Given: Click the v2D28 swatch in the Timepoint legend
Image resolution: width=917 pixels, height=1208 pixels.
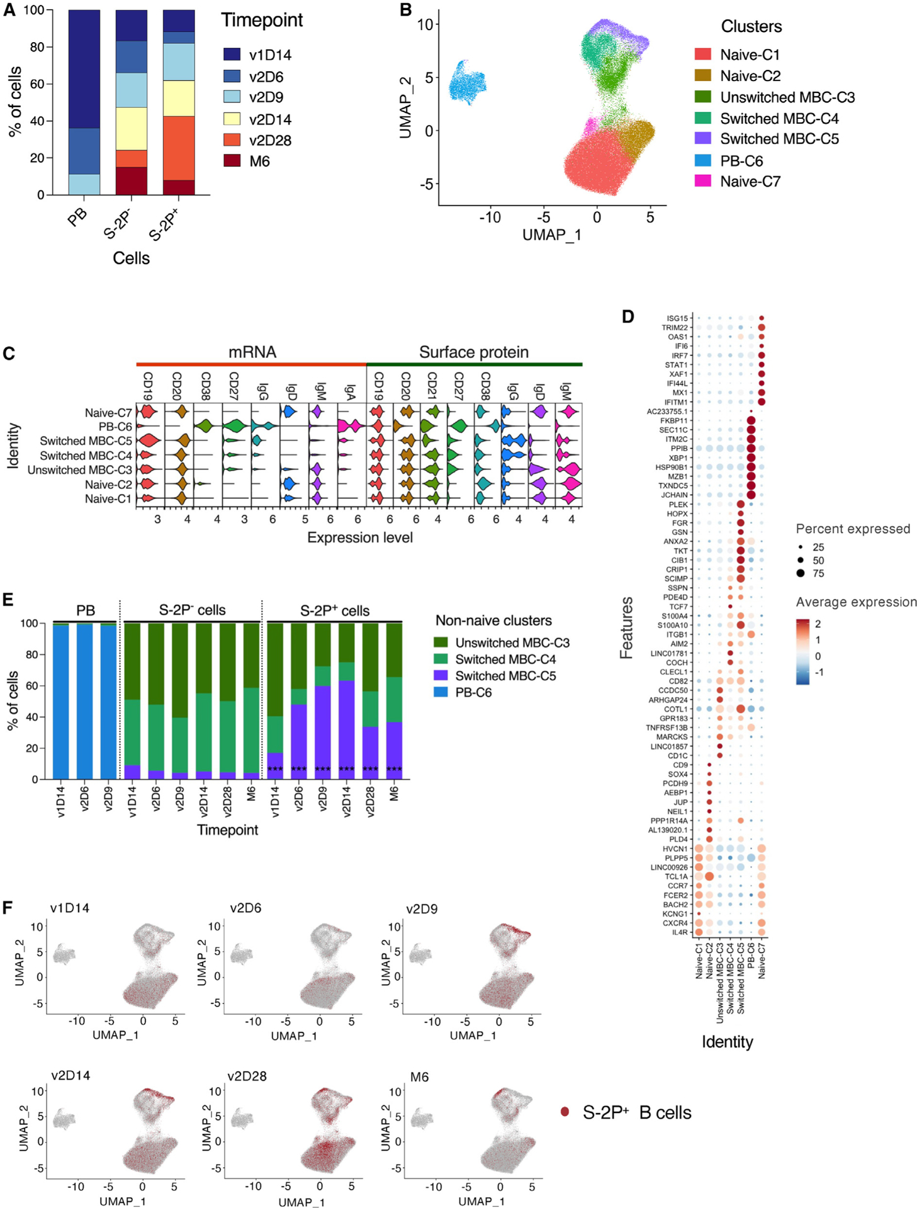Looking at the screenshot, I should tap(232, 140).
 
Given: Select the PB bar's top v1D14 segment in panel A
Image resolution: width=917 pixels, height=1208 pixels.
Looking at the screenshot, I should tap(84, 69).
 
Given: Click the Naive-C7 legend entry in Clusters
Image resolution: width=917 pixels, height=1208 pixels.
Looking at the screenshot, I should tap(750, 181).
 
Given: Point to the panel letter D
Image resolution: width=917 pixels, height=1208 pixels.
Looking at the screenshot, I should tap(627, 316).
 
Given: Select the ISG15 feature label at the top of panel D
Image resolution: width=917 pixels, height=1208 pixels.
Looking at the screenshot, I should tap(677, 318).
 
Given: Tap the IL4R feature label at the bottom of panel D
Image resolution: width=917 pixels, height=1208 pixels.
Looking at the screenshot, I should tap(680, 932).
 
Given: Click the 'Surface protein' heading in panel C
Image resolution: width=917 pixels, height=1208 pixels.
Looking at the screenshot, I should tap(473, 352).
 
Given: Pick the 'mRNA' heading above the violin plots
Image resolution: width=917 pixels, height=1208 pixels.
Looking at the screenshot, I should tap(252, 352).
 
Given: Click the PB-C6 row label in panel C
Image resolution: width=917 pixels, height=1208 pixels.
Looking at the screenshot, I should tap(115, 427).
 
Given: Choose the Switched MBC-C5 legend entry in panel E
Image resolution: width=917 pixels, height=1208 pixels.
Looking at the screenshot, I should tap(505, 676).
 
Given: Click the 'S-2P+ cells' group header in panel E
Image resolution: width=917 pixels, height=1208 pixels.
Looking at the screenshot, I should tap(334, 610).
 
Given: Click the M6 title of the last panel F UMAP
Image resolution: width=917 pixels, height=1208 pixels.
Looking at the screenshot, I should tap(419, 1077).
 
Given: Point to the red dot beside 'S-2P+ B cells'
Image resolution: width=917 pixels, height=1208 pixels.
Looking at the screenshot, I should tap(565, 1112).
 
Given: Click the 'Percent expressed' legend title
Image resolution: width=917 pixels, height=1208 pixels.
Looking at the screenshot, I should tap(852, 528).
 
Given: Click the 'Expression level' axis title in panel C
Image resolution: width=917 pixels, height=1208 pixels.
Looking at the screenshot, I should tap(359, 537).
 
